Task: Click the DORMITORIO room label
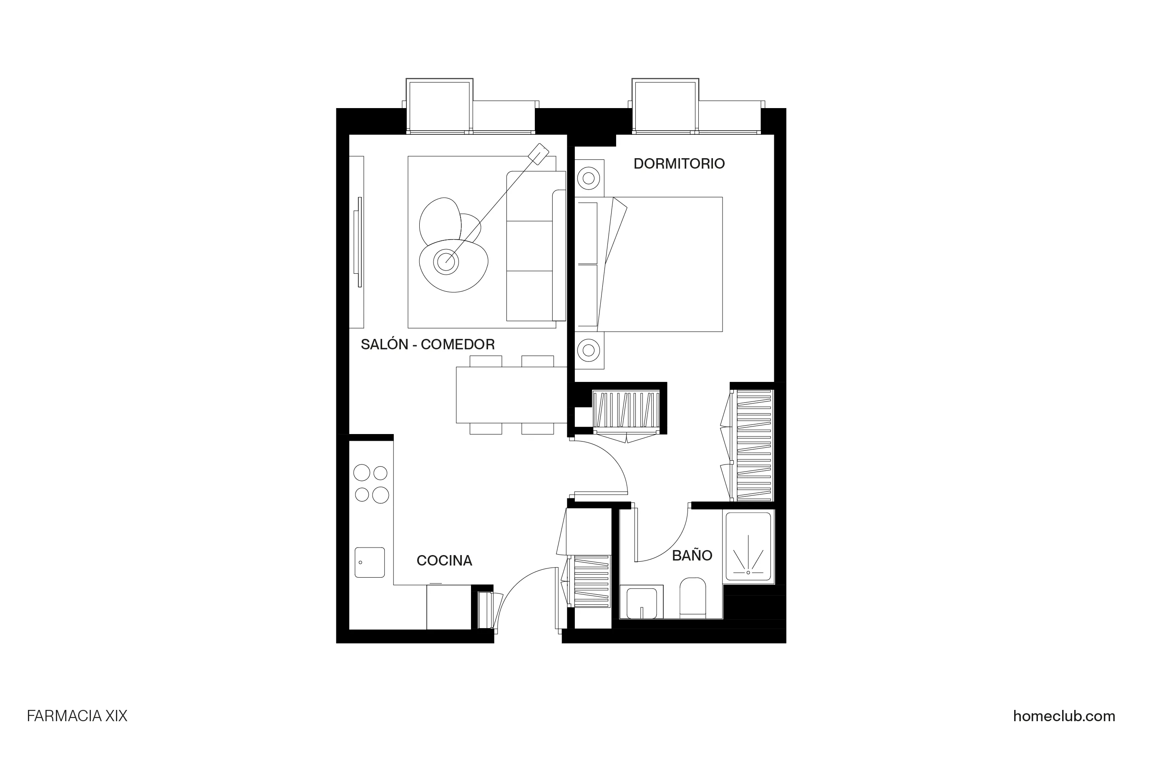tap(679, 164)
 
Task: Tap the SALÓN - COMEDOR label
tap(427, 344)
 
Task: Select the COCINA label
tap(444, 561)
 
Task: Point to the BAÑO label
tap(692, 555)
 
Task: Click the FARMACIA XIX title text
tap(77, 717)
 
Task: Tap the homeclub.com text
tap(1064, 717)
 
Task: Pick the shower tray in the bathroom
tap(748, 546)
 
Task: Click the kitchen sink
tap(369, 562)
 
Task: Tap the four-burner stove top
tap(371, 484)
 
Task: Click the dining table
tap(511, 394)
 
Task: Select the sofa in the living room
tap(536, 246)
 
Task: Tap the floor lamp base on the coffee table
tap(446, 262)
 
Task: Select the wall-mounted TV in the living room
tap(359, 242)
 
